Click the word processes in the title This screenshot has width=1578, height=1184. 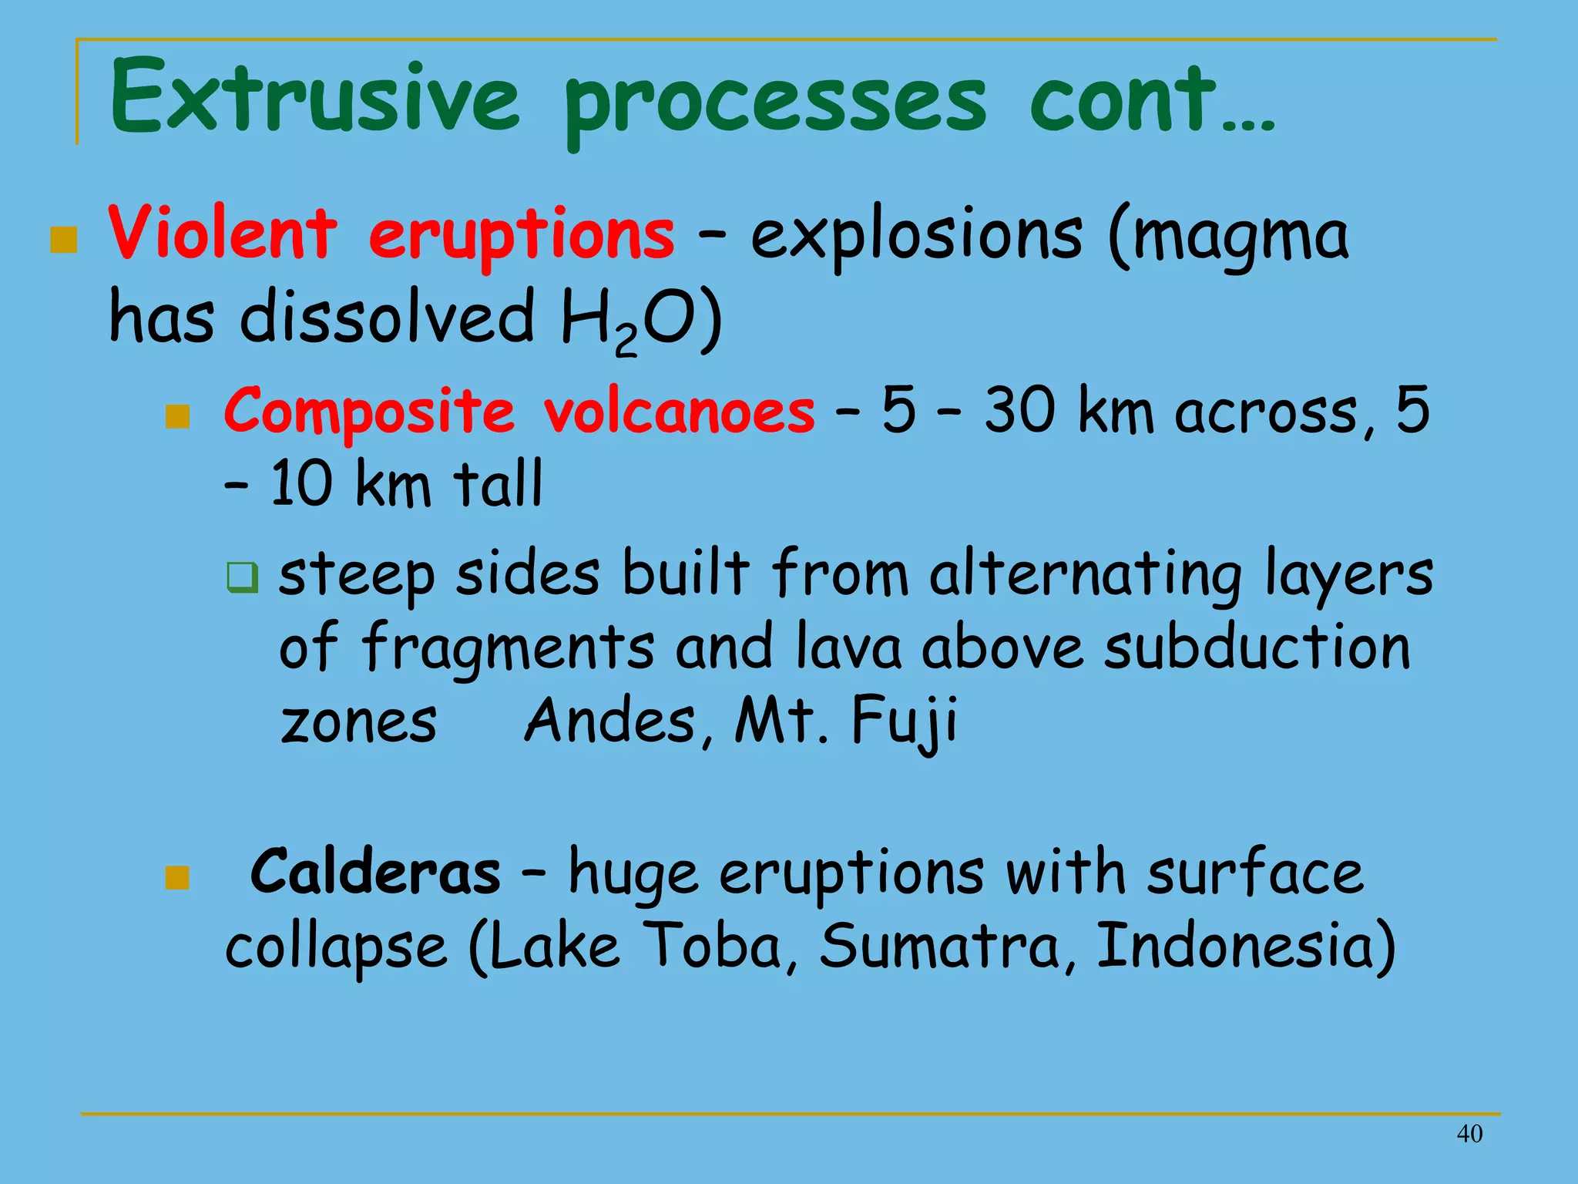point(774,104)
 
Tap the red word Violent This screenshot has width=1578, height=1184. point(222,234)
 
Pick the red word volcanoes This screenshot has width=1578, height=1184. point(678,412)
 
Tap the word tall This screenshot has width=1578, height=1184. point(497,483)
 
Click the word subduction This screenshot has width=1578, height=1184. point(1256,647)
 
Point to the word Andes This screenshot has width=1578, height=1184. point(610,720)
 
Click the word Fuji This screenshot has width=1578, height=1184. point(903,720)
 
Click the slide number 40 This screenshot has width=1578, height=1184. point(1469,1134)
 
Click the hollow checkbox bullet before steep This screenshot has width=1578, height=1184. point(243,577)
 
